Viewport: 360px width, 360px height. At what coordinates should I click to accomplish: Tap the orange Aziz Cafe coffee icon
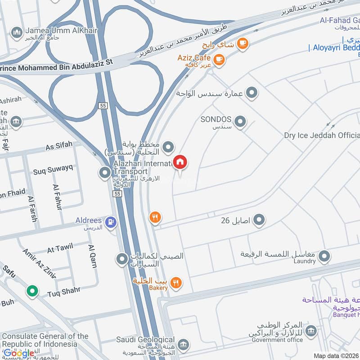pyautogui.click(x=219, y=59)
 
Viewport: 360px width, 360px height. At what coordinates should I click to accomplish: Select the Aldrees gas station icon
pyautogui.click(x=110, y=221)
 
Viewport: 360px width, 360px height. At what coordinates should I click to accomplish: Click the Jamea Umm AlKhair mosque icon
pyautogui.click(x=17, y=32)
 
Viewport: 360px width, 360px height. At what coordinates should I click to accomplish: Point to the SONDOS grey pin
pyautogui.click(x=241, y=121)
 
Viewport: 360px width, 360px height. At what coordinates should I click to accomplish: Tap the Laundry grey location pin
pyautogui.click(x=324, y=257)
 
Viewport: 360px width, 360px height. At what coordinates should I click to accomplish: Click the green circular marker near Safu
pyautogui.click(x=32, y=291)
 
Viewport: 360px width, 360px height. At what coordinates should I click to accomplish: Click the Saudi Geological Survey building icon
pyautogui.click(x=183, y=345)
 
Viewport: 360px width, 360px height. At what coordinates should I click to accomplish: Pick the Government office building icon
pyautogui.click(x=310, y=332)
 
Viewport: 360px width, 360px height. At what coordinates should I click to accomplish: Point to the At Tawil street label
pyautogui.click(x=60, y=248)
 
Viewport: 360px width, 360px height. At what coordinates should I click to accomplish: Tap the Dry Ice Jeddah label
pyautogui.click(x=322, y=135)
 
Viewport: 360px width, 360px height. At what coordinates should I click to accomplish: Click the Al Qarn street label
pyautogui.click(x=93, y=256)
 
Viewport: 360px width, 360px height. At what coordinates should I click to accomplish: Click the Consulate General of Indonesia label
pyautogui.click(x=45, y=340)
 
